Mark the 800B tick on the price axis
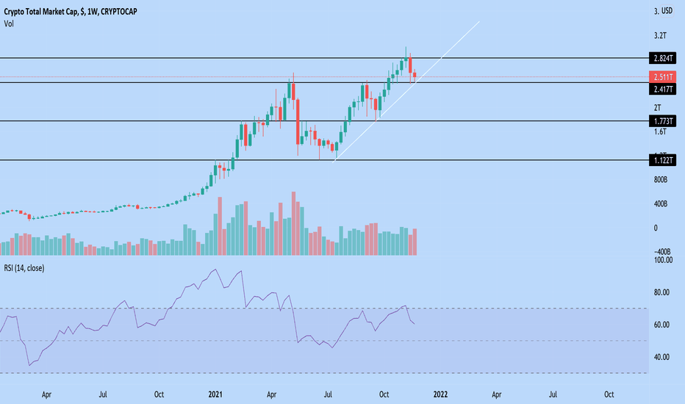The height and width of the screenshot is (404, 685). (660, 179)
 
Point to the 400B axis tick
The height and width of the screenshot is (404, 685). (660, 203)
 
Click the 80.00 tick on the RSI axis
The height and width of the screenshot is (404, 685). (662, 292)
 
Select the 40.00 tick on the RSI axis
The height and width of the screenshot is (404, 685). (662, 357)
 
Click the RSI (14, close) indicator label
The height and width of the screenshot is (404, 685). (24, 268)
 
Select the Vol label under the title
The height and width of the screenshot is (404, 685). (10, 23)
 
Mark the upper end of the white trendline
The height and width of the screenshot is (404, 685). (479, 22)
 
